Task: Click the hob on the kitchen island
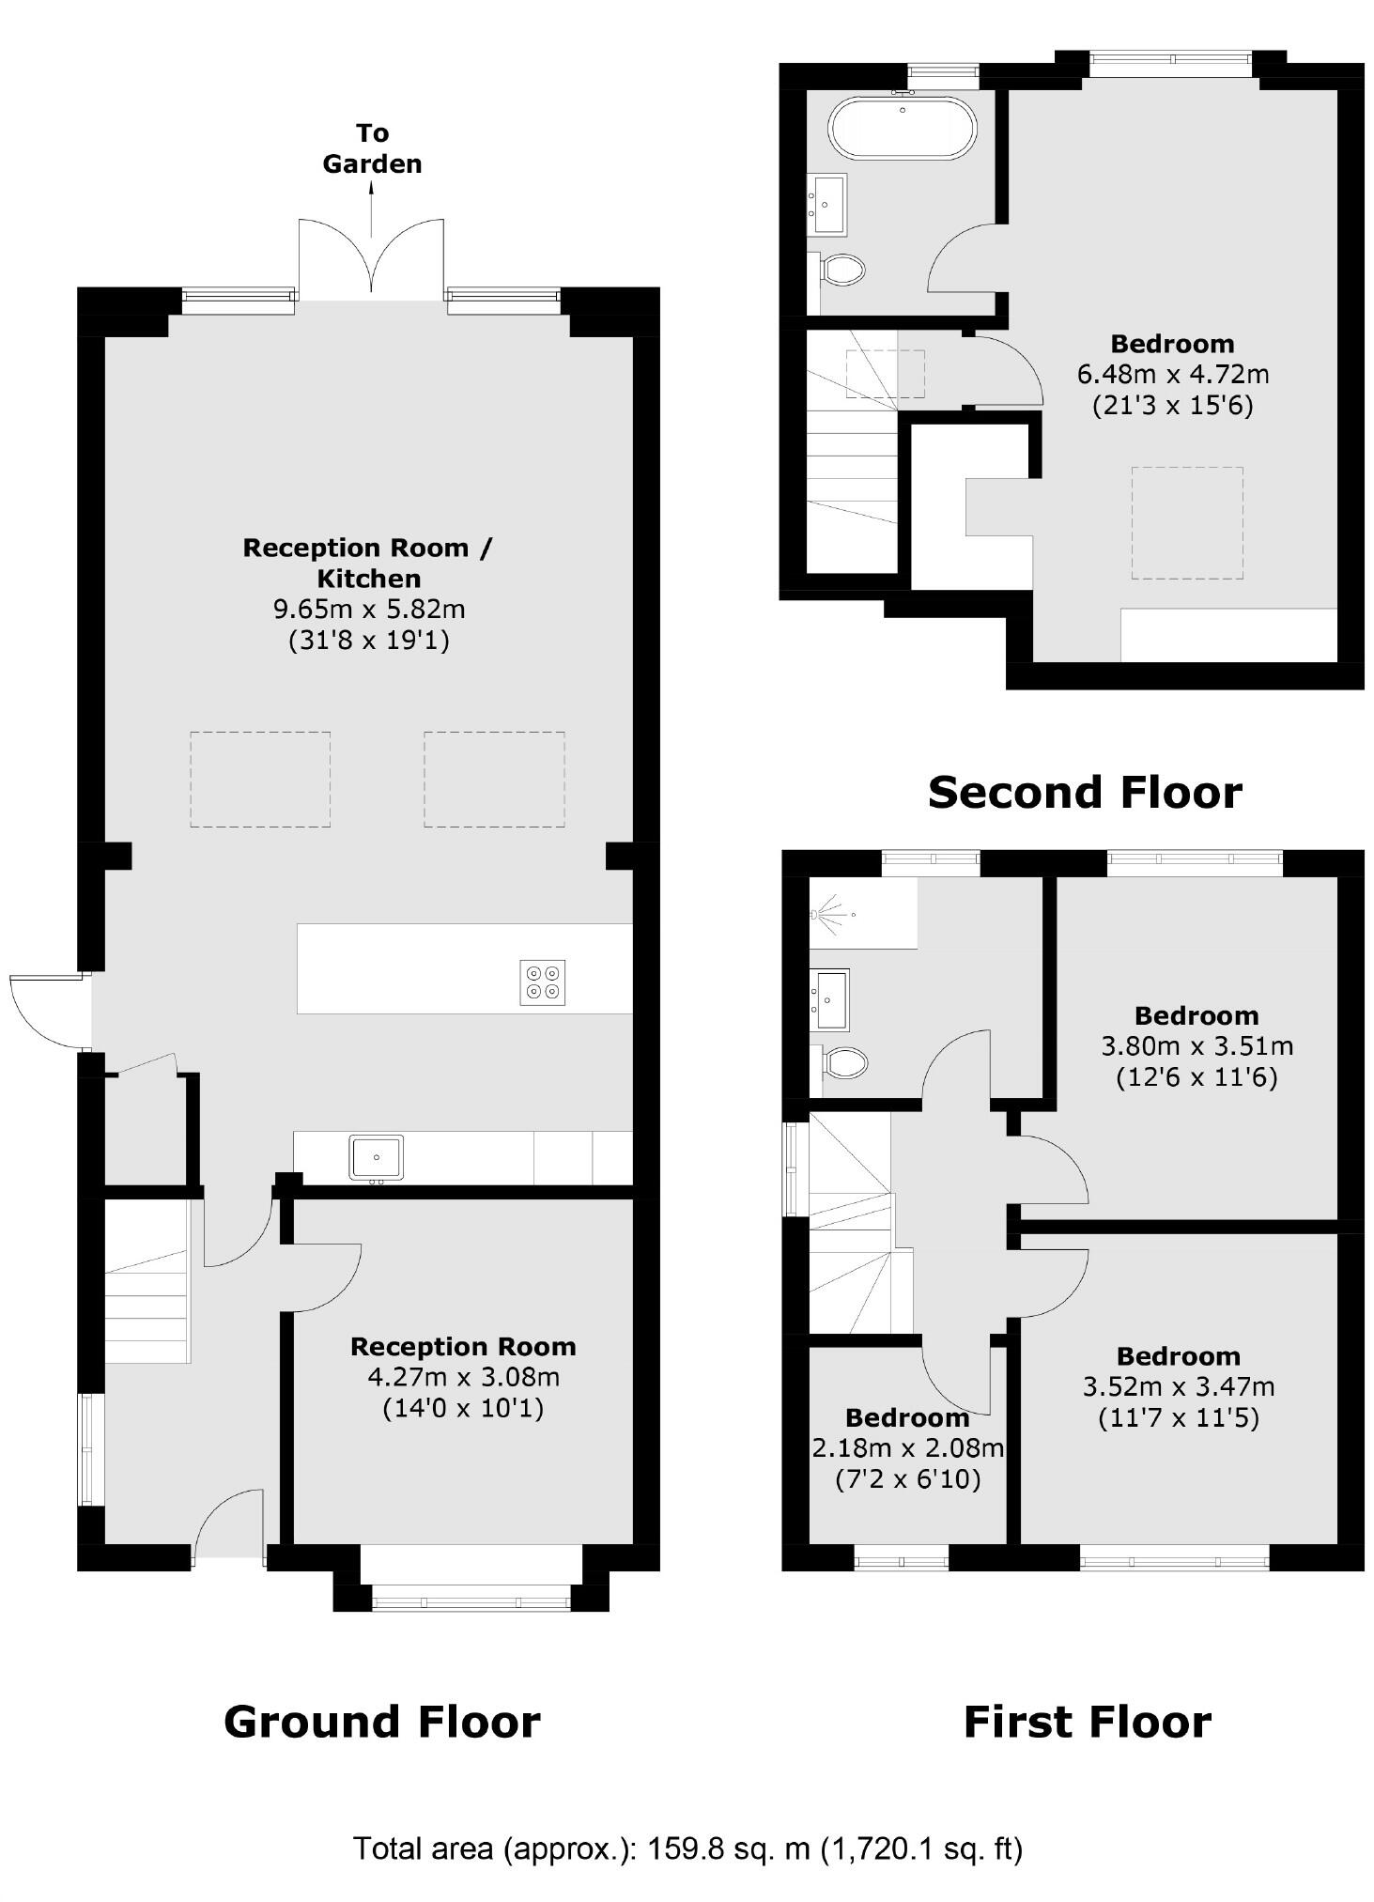point(543,982)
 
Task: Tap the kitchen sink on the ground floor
point(376,1157)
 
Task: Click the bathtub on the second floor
point(902,127)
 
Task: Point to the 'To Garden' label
point(372,148)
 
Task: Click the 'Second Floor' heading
point(1085,792)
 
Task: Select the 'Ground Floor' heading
point(381,1723)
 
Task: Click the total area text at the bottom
point(687,1848)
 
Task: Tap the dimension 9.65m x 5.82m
point(369,609)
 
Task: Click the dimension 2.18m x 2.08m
point(907,1448)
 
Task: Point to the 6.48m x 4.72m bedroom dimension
point(1172,374)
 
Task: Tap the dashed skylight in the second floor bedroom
point(1187,522)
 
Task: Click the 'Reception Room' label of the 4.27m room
point(463,1346)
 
